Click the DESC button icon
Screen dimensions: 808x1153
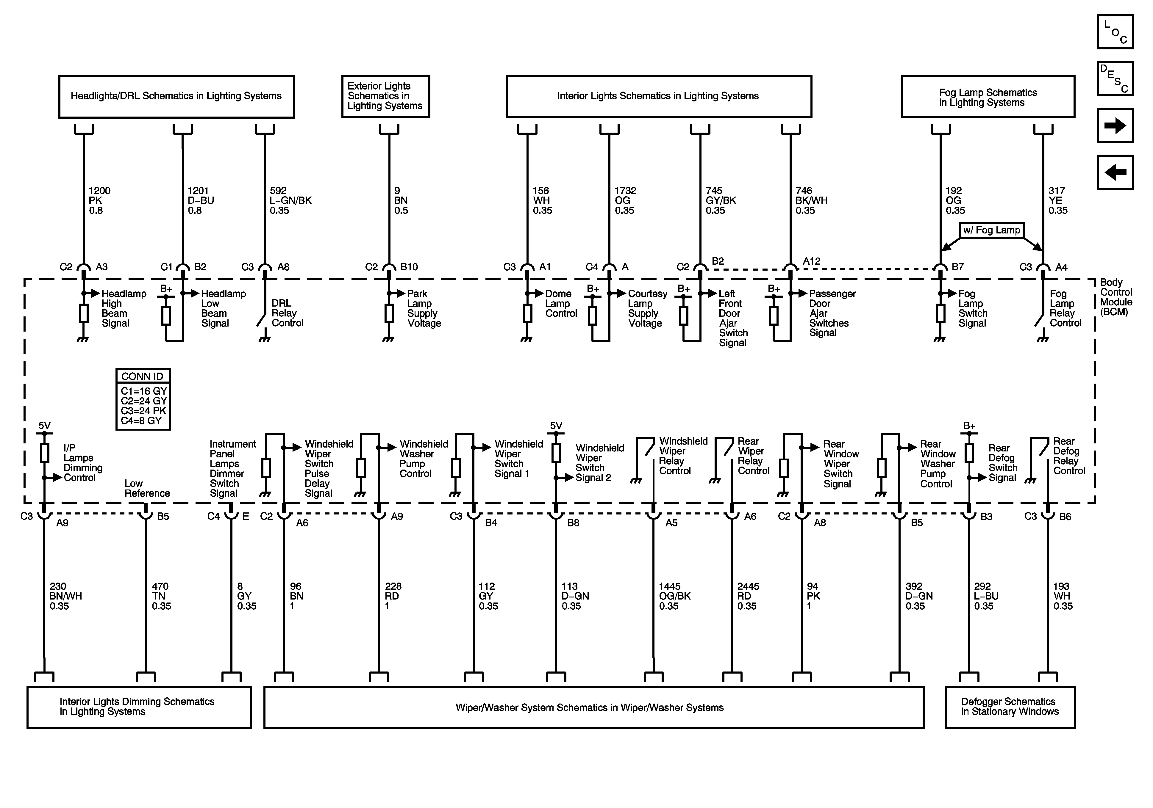click(1115, 78)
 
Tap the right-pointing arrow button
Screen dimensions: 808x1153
click(1115, 125)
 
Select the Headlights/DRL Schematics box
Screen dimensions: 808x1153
click(176, 96)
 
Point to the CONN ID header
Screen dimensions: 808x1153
click(143, 376)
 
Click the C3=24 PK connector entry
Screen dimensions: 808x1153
click(143, 410)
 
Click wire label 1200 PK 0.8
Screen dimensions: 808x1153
click(99, 200)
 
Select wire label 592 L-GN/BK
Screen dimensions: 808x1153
click(290, 200)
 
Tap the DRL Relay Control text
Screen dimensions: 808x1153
click(287, 313)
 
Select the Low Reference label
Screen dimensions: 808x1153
click(147, 488)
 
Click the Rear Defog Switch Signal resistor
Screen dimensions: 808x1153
click(969, 453)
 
